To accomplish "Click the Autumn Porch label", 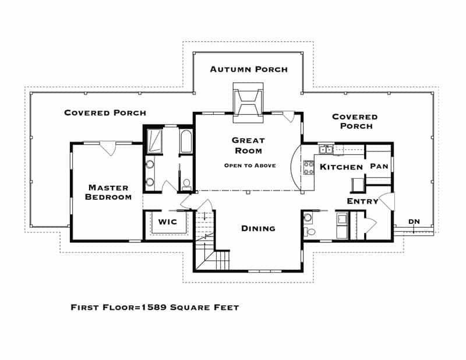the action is (249, 69).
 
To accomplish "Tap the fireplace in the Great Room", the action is (248, 103).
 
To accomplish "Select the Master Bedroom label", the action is (108, 192).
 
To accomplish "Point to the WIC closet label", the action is (168, 222).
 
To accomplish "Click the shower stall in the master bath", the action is (154, 141).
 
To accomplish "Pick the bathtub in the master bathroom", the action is (186, 141).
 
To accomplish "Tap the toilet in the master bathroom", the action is (187, 184).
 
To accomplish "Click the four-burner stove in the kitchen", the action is (309, 167).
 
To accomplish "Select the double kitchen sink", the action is (326, 149).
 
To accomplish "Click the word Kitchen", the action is (341, 167).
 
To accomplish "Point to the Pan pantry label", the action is (379, 166).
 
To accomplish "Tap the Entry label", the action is (362, 201).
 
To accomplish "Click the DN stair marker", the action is (414, 221).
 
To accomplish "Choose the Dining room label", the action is (258, 228).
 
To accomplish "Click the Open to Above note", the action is (250, 165).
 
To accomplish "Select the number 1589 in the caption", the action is (154, 307).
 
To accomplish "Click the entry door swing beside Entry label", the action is (387, 201).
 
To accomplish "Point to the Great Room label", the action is (249, 146).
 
